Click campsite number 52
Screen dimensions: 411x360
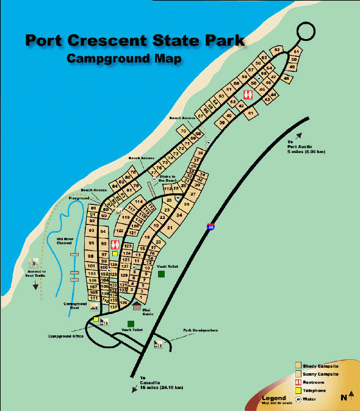pos(277,49)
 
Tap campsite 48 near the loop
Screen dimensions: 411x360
pos(287,79)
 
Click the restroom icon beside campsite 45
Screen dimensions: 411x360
pos(248,95)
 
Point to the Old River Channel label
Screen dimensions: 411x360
pos(65,241)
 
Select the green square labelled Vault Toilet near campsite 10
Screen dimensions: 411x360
pos(161,274)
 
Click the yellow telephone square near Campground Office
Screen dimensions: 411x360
pos(96,319)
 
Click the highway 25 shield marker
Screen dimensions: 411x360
pos(211,226)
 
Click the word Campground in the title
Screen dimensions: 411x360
pos(104,59)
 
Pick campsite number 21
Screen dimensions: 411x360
pos(170,227)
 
